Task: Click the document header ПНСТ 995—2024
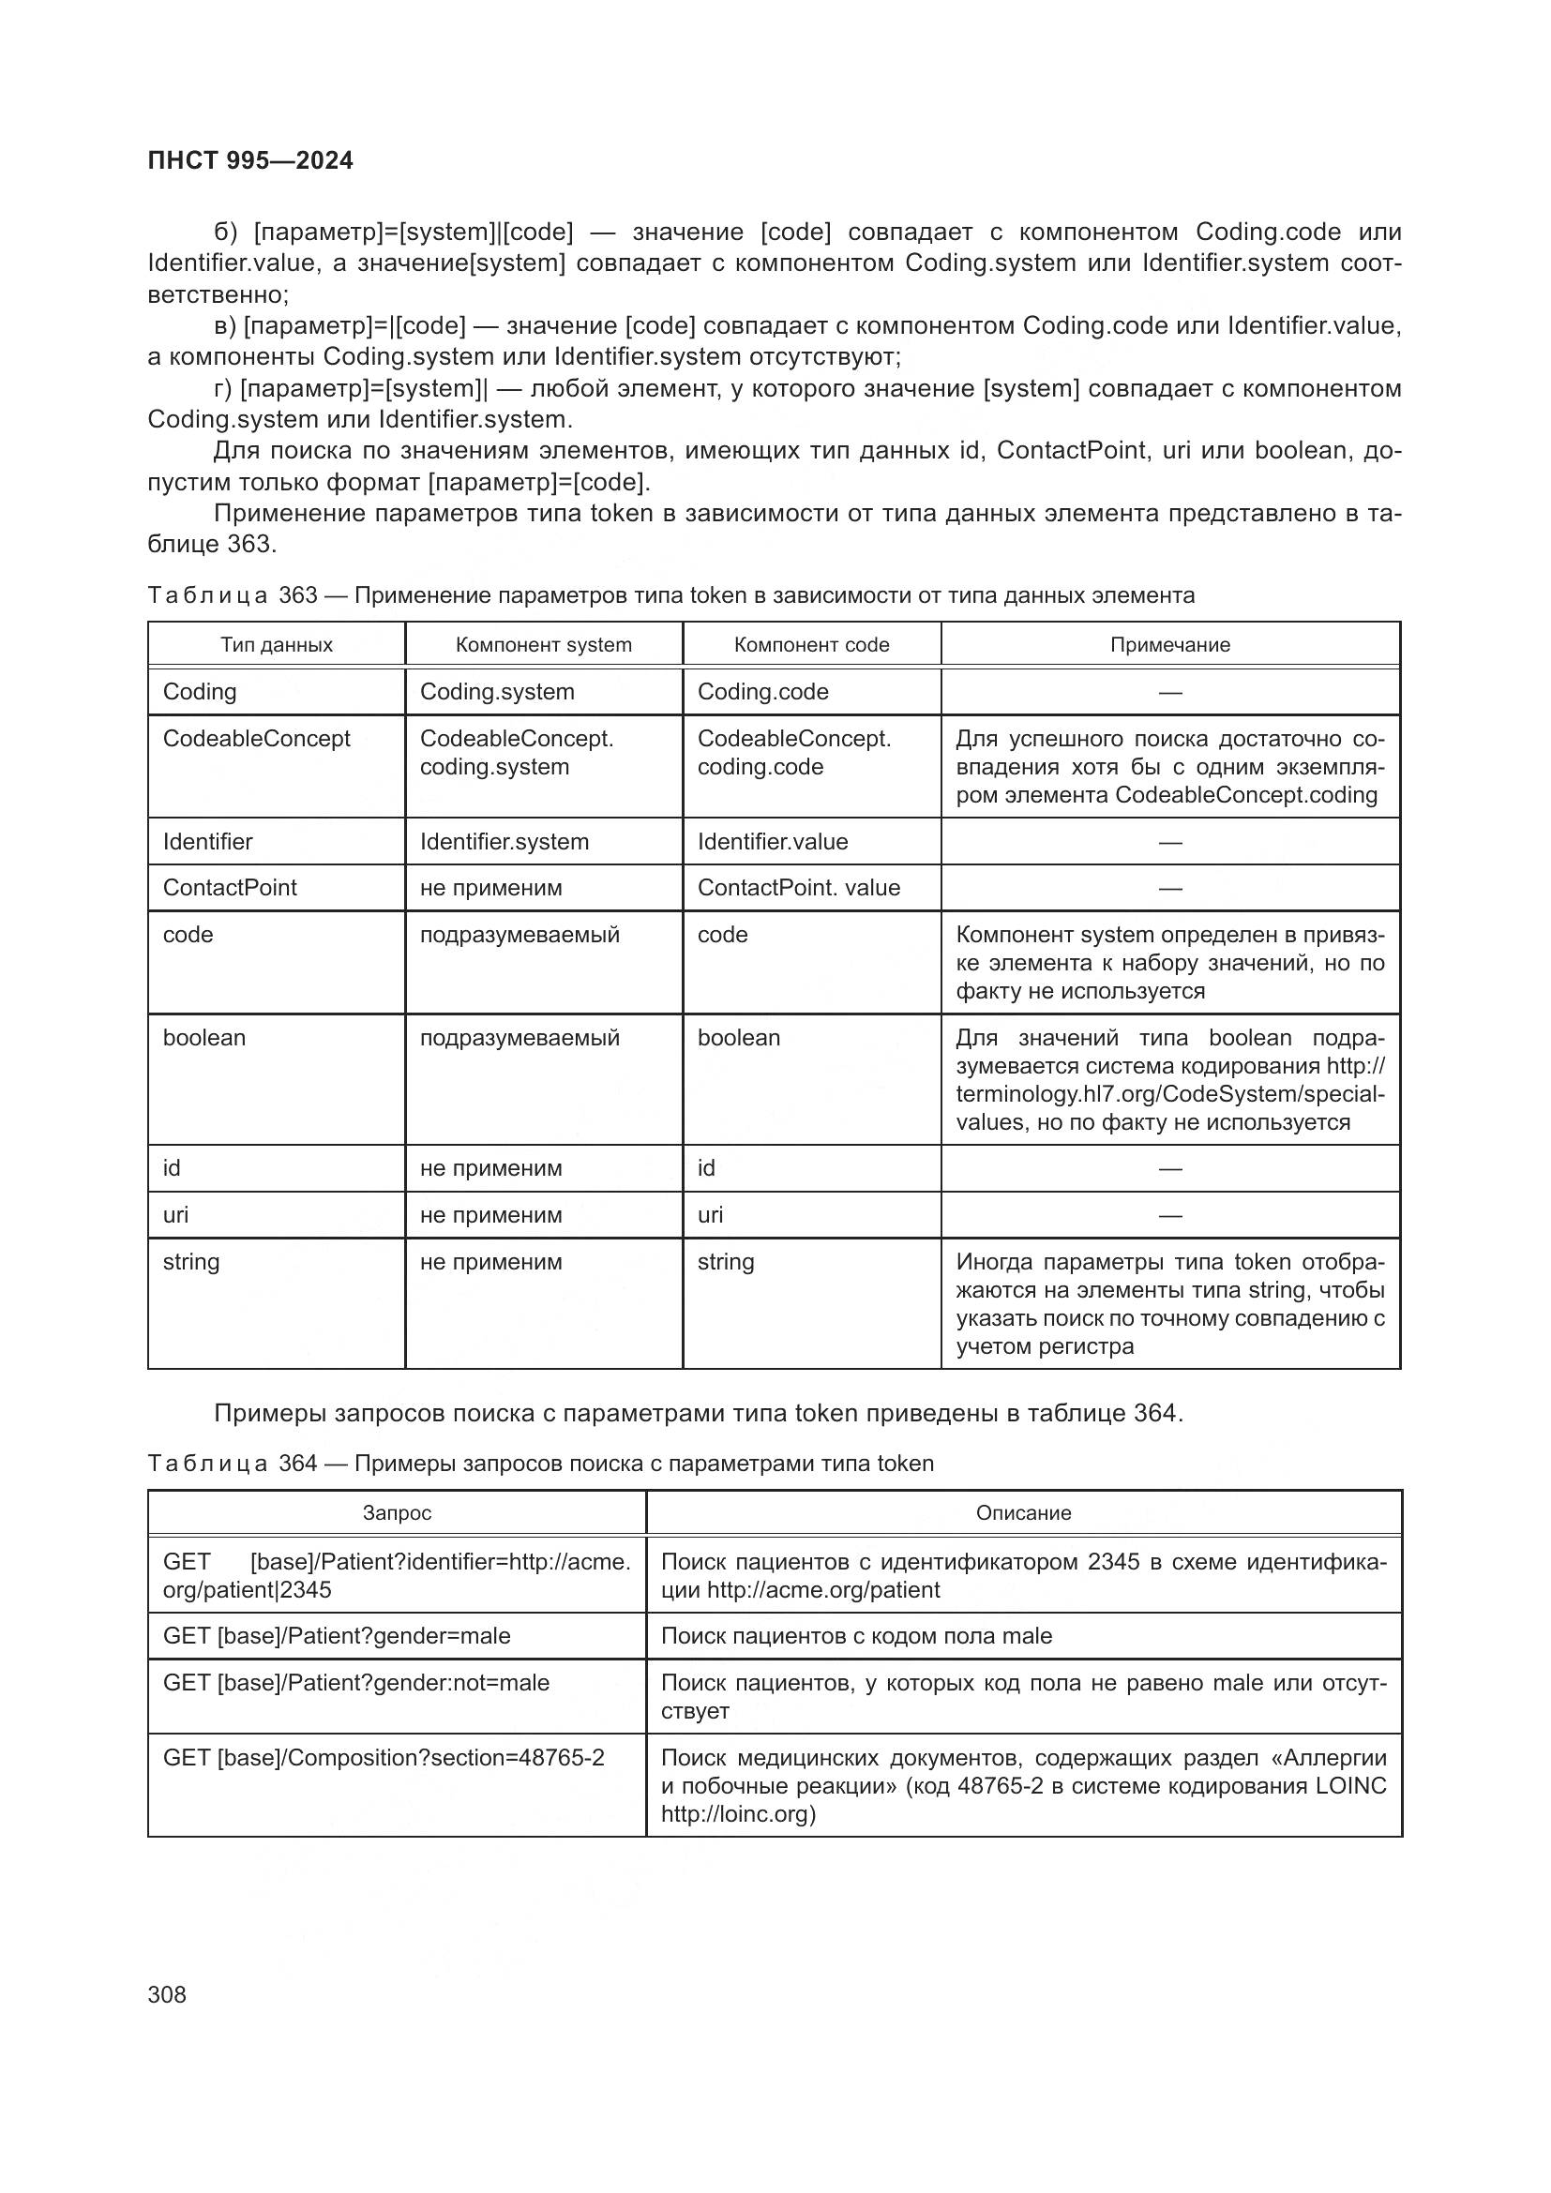tap(250, 160)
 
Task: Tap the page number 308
tap(167, 1994)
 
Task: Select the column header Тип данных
tap(276, 645)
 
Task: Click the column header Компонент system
tap(544, 645)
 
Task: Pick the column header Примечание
tap(1170, 645)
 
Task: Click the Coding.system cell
tap(497, 692)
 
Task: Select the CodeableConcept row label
tap(256, 738)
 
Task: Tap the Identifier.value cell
tap(773, 841)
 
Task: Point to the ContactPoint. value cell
tap(798, 887)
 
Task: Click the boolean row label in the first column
tap(203, 1037)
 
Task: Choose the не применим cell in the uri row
tap(490, 1215)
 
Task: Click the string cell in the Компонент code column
tap(725, 1262)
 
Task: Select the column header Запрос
tap(397, 1513)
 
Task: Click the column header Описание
tap(1023, 1513)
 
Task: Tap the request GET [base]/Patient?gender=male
tap(337, 1635)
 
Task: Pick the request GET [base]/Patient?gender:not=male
tap(356, 1682)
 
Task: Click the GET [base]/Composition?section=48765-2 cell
tap(383, 1757)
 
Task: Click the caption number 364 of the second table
tap(297, 1464)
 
